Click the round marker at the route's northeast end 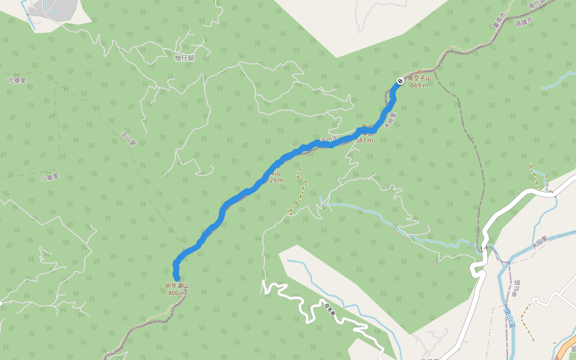400,81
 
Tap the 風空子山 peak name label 419,78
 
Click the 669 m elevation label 419,85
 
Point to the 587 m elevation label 364,140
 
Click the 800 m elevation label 177,293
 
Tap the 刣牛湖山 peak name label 177,286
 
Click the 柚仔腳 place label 184,58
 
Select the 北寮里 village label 17,80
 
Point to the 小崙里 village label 50,178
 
